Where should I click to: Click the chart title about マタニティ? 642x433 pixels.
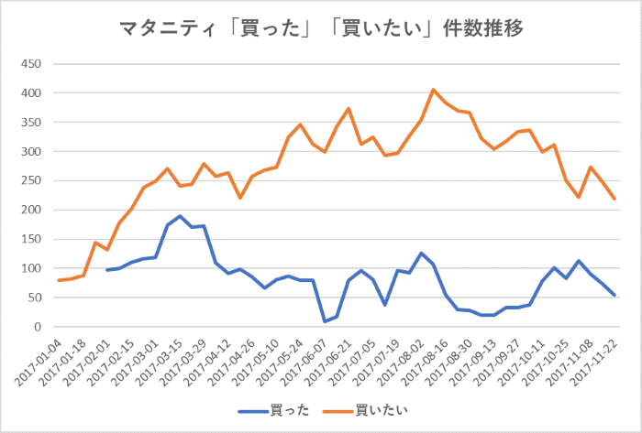coord(321,28)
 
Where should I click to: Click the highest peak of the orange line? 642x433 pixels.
coord(433,90)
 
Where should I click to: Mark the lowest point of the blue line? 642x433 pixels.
coord(325,321)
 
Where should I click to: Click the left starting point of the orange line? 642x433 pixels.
coord(60,280)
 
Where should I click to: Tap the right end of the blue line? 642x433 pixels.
coord(614,295)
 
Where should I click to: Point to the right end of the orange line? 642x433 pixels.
coord(614,199)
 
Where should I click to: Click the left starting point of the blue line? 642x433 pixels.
coord(107,270)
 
